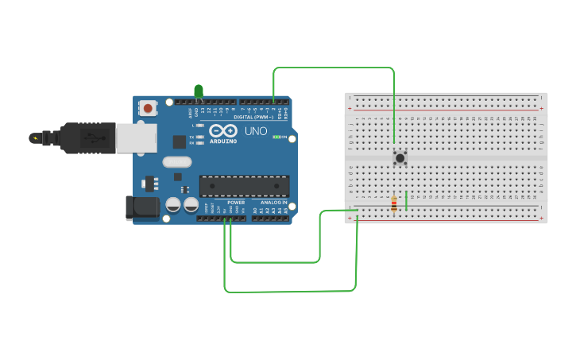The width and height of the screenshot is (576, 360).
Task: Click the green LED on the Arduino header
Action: (x=199, y=91)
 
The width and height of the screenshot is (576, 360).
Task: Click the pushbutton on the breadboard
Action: (x=400, y=158)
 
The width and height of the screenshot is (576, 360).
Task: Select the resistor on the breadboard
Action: (x=394, y=204)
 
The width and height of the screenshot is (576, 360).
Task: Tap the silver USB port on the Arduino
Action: (x=136, y=137)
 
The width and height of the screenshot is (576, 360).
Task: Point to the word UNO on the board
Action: (x=255, y=131)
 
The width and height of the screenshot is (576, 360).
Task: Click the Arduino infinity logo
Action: (x=223, y=130)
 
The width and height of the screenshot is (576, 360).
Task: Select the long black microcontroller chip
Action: (x=242, y=185)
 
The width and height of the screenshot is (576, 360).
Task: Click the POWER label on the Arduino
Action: (x=236, y=203)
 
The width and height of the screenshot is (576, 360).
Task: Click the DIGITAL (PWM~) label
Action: (x=253, y=117)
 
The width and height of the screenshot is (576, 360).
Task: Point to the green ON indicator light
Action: (x=276, y=137)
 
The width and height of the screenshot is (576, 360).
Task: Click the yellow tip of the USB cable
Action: (x=34, y=138)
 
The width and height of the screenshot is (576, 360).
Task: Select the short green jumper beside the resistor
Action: (x=406, y=200)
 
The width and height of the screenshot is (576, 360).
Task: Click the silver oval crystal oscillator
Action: (x=177, y=161)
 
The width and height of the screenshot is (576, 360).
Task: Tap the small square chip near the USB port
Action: (x=180, y=141)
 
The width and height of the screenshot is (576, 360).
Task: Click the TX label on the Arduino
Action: (x=192, y=136)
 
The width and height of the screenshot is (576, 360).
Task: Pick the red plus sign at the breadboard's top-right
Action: (x=541, y=107)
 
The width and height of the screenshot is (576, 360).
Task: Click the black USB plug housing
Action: (x=87, y=137)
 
